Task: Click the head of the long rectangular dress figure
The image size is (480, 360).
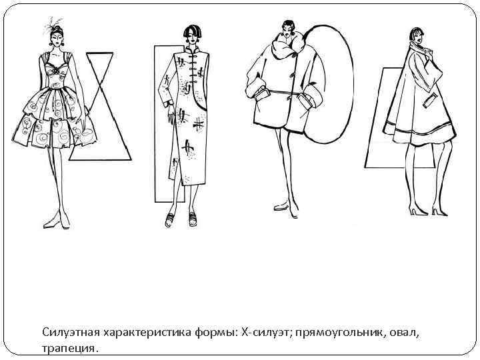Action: [192, 33]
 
